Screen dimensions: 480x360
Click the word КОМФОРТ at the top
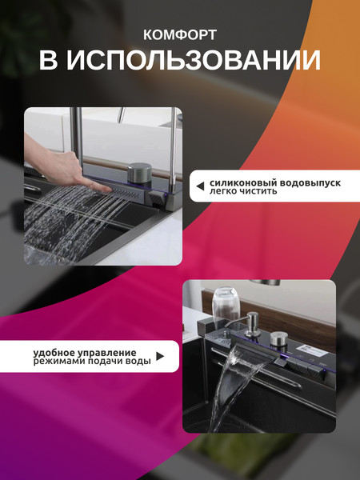pyautogui.click(x=179, y=34)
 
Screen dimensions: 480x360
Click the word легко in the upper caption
pyautogui.click(x=222, y=192)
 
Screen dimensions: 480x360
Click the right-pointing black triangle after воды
pyautogui.click(x=161, y=357)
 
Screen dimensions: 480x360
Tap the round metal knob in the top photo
pyautogui.click(x=138, y=175)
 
